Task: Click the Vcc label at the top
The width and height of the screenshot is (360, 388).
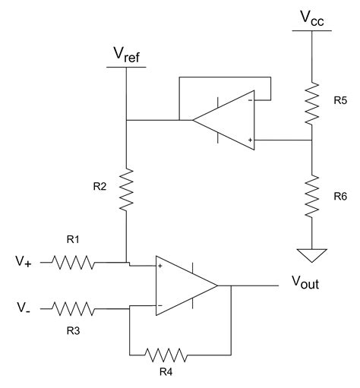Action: pos(311,18)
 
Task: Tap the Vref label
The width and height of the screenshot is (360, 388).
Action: pos(126,55)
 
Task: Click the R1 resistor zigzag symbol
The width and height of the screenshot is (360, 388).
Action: pos(74,263)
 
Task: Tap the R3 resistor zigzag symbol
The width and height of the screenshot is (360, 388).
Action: pos(74,308)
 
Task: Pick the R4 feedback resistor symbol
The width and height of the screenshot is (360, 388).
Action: pos(166,354)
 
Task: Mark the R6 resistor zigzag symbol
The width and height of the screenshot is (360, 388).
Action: pos(311,195)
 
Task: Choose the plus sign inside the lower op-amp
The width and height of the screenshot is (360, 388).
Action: pos(160,267)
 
